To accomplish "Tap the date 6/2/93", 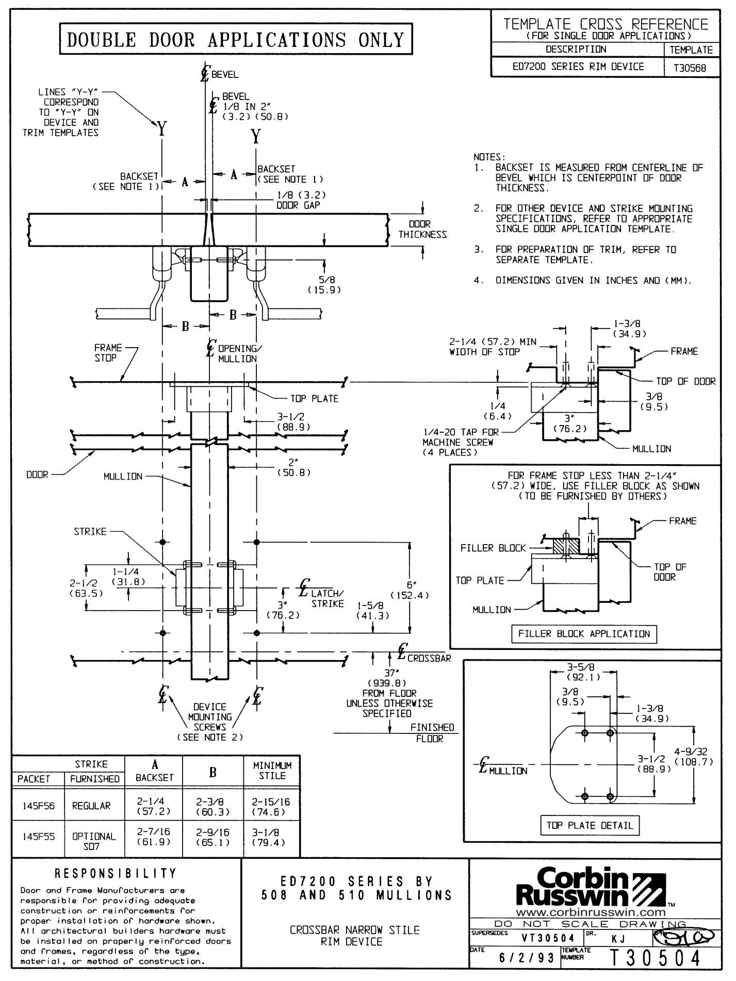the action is [526, 958].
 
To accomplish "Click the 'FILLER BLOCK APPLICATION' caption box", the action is [584, 634].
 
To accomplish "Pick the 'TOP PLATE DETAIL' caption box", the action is [590, 825].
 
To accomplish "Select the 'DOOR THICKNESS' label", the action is [422, 230].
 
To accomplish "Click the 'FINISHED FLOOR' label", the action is [432, 733].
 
